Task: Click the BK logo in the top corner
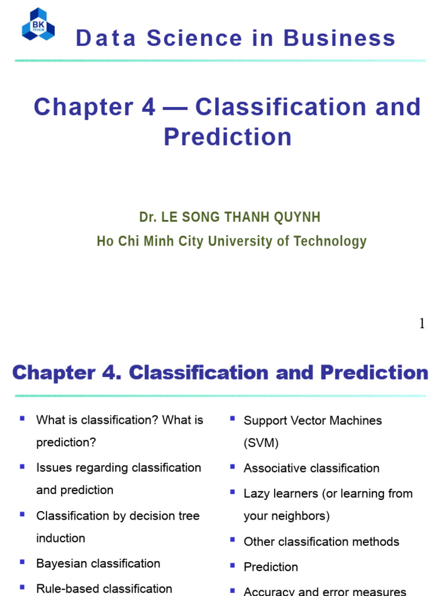pos(38,24)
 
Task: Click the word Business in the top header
pos(339,38)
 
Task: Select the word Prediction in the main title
pos(228,137)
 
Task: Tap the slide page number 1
pos(422,324)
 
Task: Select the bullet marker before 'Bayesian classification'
pos(22,562)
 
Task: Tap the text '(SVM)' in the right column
pos(261,443)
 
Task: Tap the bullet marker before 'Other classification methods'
pos(232,540)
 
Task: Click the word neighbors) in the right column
pos(300,516)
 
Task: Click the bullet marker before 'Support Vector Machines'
pos(232,418)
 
